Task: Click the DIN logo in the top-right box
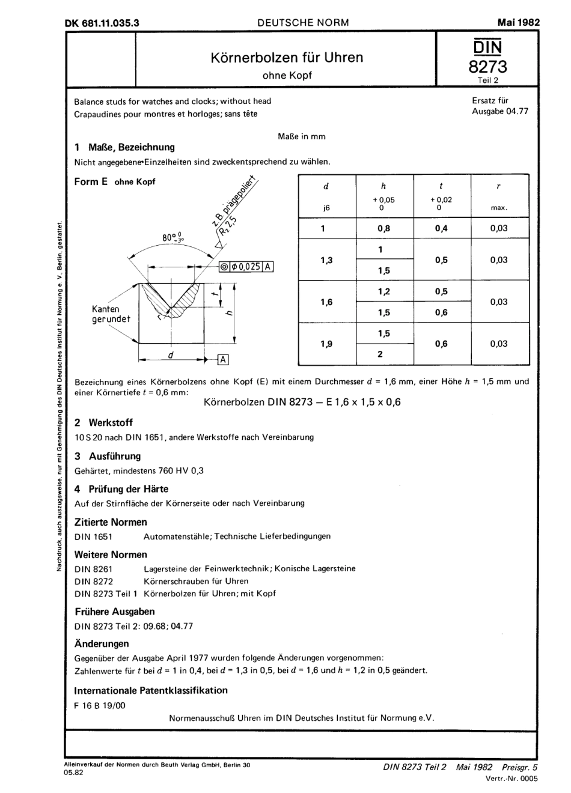pos(487,47)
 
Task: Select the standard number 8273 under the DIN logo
pos(487,67)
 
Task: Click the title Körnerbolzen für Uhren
pos(287,58)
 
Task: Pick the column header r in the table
pos(498,187)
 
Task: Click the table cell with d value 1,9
pos(326,344)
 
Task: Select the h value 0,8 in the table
pos(383,228)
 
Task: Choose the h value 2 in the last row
pos(380,354)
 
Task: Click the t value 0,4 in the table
pos(441,228)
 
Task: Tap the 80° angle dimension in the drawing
pos(172,238)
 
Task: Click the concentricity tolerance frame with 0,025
pos(247,267)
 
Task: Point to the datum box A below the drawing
pos(223,359)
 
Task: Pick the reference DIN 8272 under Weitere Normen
pos(94,581)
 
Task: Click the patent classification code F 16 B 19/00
pos(100,705)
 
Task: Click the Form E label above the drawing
pos(91,181)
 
